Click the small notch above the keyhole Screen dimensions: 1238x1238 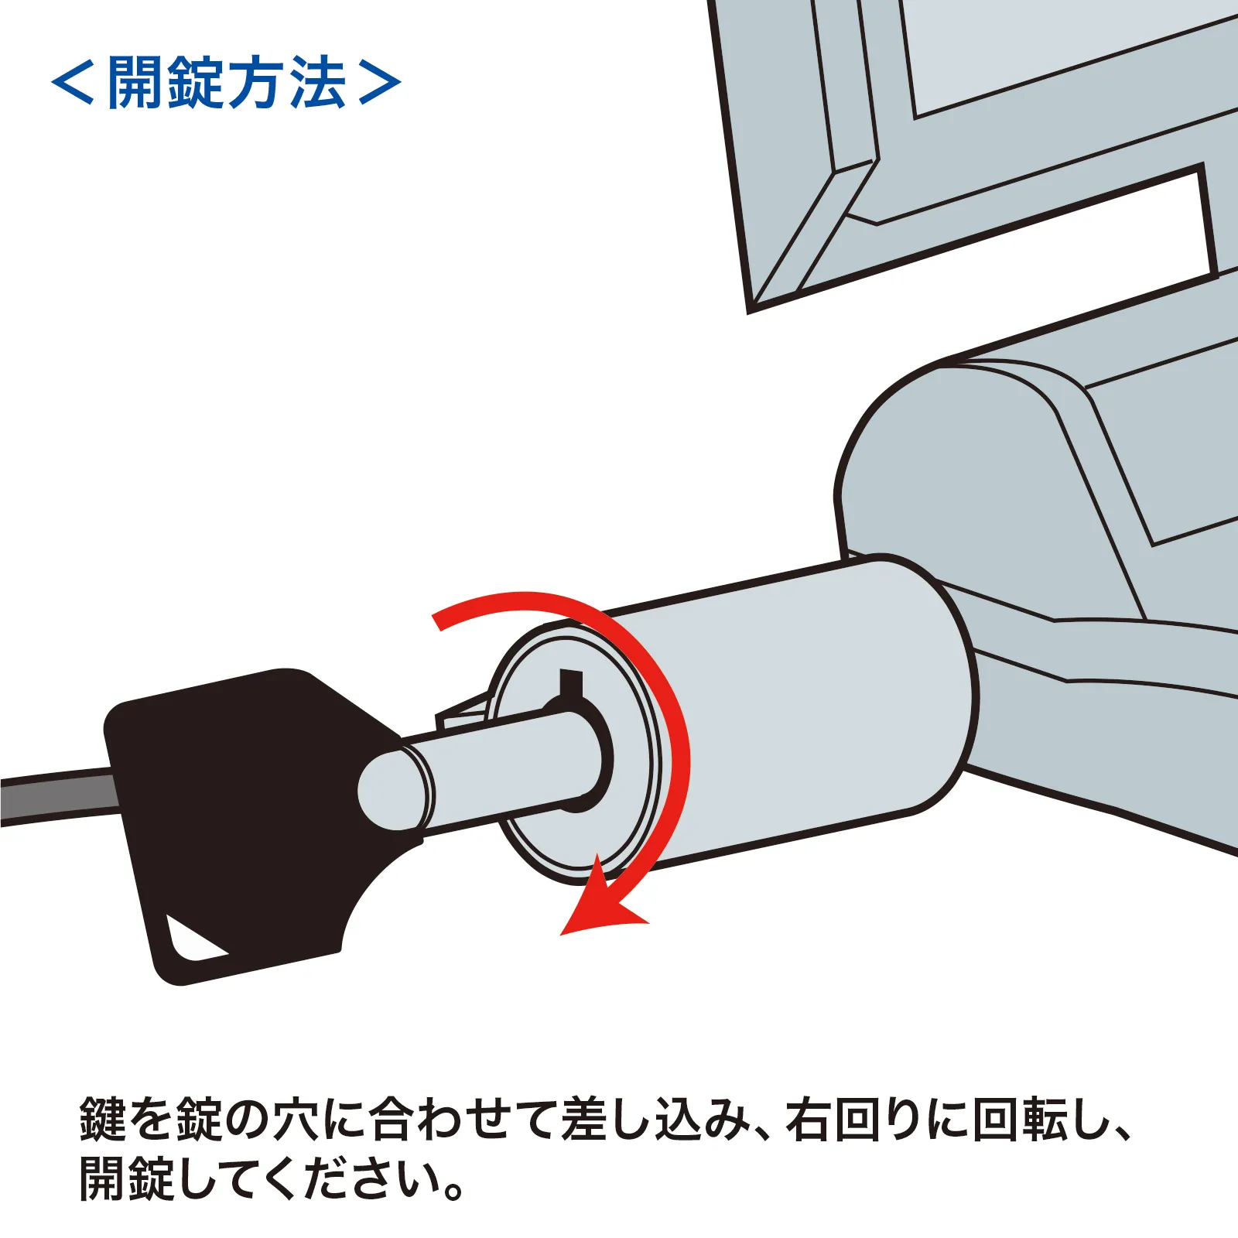571,682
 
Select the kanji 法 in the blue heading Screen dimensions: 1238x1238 317,82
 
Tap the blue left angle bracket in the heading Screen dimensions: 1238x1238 73,82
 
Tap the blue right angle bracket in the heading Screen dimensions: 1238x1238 380,82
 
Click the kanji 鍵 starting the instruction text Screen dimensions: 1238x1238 104,1120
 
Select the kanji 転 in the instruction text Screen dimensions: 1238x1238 1045,1120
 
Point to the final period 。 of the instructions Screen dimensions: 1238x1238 454,1189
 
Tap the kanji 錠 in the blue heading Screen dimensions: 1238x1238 197,82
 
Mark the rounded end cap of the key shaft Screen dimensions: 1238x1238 392,789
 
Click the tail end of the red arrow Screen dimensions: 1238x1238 436,618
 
